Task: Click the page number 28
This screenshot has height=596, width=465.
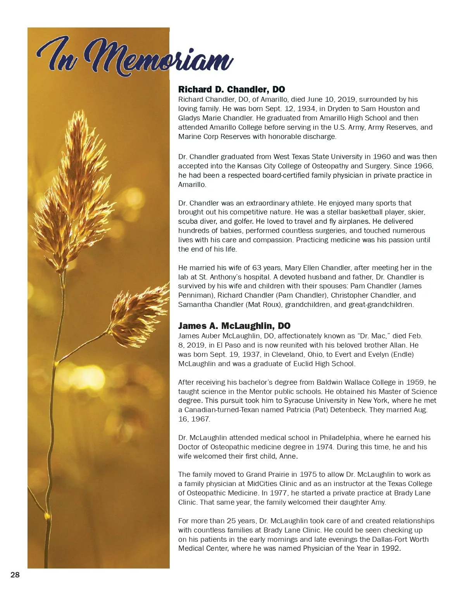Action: point(15,575)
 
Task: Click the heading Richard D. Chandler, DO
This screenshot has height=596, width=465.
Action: point(231,89)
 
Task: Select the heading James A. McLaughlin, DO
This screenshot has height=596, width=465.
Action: point(234,326)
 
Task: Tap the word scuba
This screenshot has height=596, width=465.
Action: point(188,221)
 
